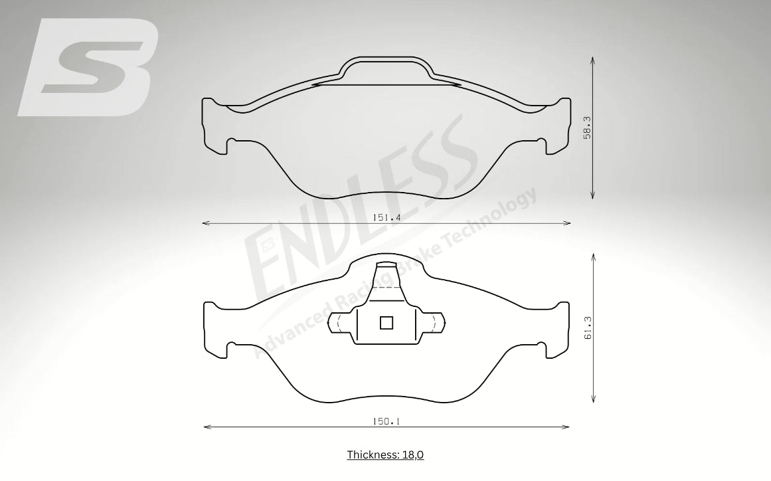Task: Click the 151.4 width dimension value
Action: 386,217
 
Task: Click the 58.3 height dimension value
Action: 586,128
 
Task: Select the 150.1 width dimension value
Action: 386,421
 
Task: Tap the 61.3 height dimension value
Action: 588,328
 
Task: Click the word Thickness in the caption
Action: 373,454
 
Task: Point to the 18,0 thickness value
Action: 412,454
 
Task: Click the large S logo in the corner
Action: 88,67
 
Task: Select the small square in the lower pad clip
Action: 386,323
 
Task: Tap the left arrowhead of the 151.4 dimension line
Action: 206,223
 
